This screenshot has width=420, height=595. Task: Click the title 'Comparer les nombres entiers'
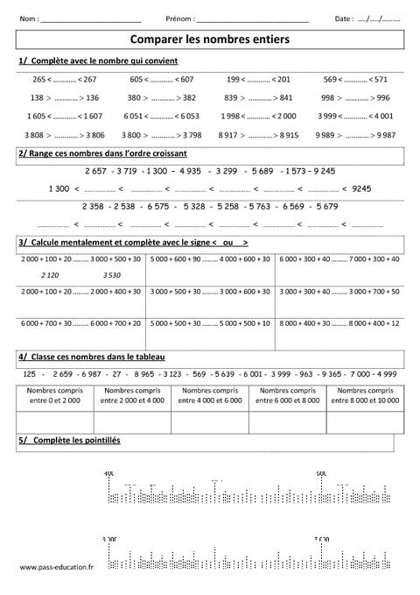click(x=209, y=39)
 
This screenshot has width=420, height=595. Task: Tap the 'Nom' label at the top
click(x=28, y=18)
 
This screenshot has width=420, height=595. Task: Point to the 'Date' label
click(x=344, y=18)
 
